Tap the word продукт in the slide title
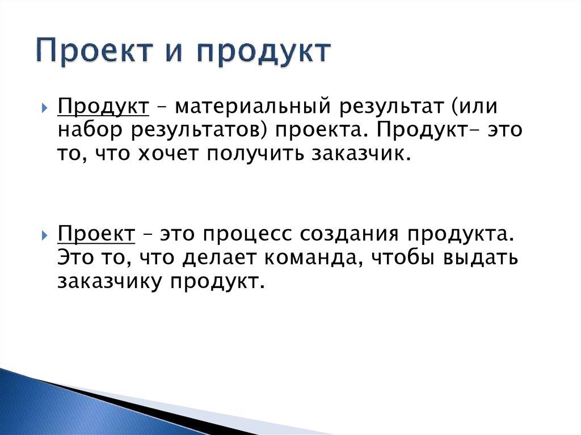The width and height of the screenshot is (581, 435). point(264,52)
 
